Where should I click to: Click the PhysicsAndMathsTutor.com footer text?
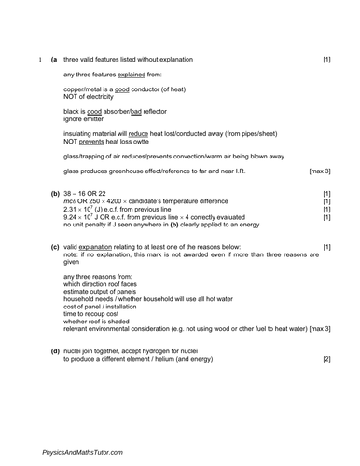(81, 451)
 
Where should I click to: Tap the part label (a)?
(53, 60)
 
